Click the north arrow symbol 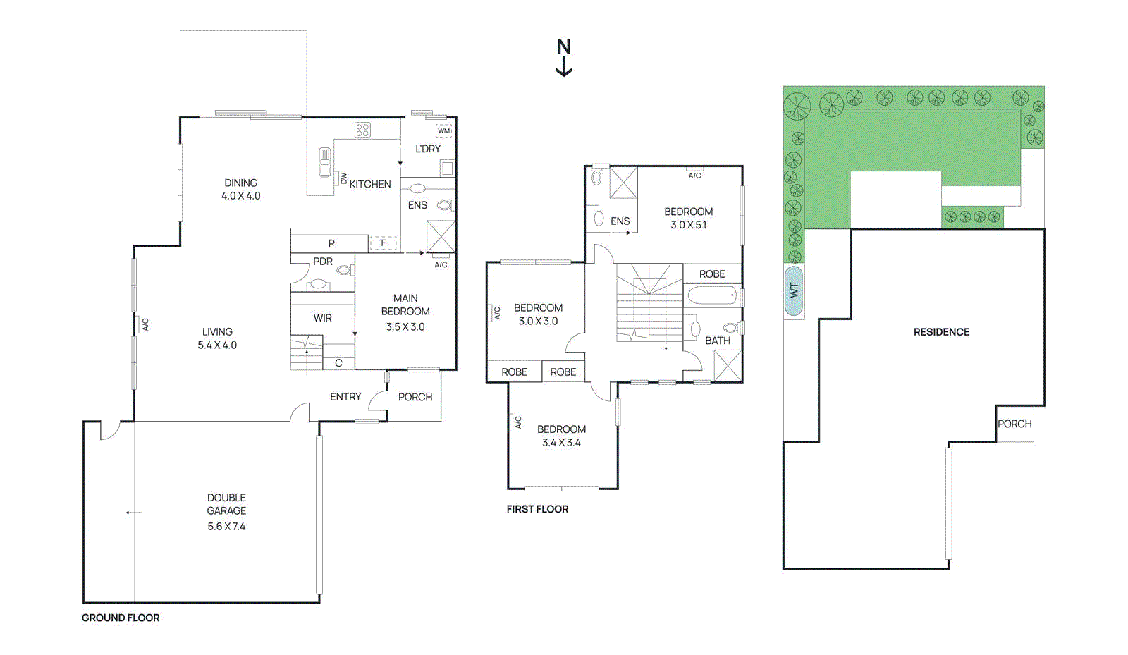click(564, 58)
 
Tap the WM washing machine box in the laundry click(443, 130)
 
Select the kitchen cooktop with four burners click(362, 130)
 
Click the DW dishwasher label click(344, 178)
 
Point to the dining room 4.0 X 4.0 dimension click(240, 196)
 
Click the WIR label click(323, 318)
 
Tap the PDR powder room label click(323, 261)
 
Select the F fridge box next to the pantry click(384, 243)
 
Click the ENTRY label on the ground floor click(345, 397)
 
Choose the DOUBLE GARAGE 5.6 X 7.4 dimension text click(226, 526)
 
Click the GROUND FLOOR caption click(121, 618)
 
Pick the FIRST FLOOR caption click(537, 509)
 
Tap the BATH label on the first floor click(718, 341)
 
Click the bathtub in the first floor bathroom click(711, 295)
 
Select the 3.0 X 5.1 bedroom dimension click(688, 225)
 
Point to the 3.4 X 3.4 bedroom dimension click(561, 443)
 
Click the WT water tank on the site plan click(794, 290)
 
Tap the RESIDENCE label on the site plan click(941, 332)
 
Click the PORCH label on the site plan click(1014, 424)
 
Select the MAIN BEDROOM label click(405, 305)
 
